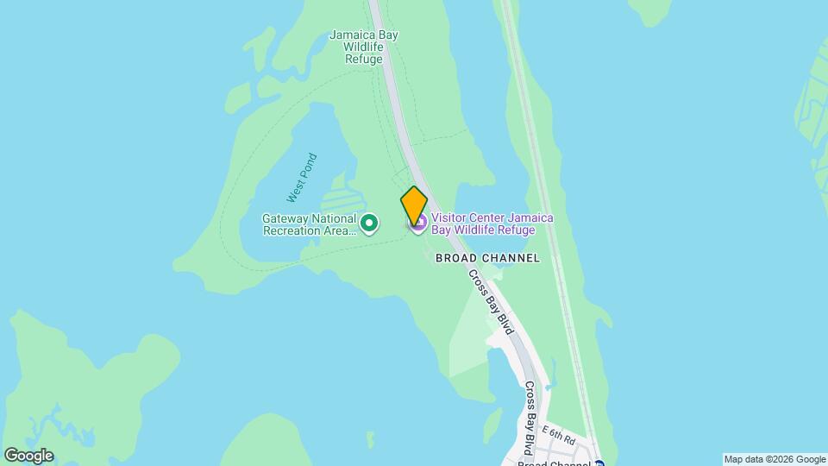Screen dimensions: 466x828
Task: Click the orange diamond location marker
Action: [x=414, y=205]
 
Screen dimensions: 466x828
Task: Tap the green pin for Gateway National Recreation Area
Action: [x=369, y=224]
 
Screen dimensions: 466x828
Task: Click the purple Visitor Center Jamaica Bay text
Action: [x=492, y=224]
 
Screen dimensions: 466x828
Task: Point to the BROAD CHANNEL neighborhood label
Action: [x=487, y=258]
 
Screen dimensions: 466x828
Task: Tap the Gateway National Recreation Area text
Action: [x=310, y=224]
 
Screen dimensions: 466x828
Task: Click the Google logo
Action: [x=28, y=456]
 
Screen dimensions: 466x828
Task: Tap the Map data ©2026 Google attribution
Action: [x=775, y=459]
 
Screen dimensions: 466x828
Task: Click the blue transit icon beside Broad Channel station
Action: [x=599, y=463]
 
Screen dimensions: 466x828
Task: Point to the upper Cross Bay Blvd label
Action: [x=491, y=302]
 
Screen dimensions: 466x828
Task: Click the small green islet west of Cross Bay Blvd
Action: [x=492, y=423]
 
